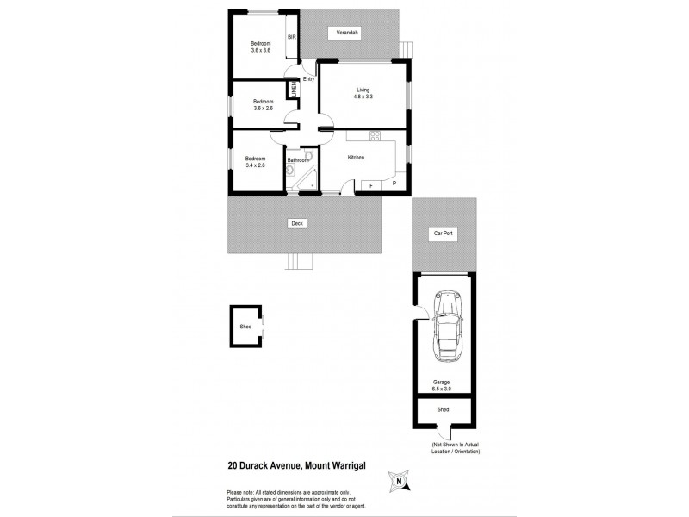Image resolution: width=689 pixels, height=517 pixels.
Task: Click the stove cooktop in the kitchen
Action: pyautogui.click(x=375, y=135)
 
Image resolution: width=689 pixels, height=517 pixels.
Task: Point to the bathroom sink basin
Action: pyautogui.click(x=291, y=171)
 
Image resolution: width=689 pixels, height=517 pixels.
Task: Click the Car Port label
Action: pyautogui.click(x=443, y=234)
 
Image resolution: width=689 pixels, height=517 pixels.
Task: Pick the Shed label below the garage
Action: pyautogui.click(x=443, y=410)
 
